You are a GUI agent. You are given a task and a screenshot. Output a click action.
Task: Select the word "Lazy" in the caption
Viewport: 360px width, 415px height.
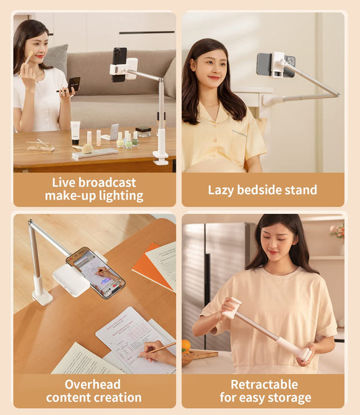point(222,190)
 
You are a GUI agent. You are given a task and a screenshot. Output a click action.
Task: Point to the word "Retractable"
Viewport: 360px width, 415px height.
point(264,384)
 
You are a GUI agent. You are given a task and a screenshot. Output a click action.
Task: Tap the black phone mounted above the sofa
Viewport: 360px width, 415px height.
point(120,64)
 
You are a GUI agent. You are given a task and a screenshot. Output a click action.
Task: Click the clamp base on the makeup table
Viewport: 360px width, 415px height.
point(161,157)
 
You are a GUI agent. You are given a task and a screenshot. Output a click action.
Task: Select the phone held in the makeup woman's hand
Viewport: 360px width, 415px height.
point(74,84)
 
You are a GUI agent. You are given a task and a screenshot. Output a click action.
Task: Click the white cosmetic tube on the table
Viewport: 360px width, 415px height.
point(76,132)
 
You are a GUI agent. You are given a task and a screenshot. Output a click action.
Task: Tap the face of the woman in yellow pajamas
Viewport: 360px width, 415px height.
point(207,67)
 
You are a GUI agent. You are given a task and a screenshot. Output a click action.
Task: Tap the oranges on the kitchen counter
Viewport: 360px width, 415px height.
point(186,345)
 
